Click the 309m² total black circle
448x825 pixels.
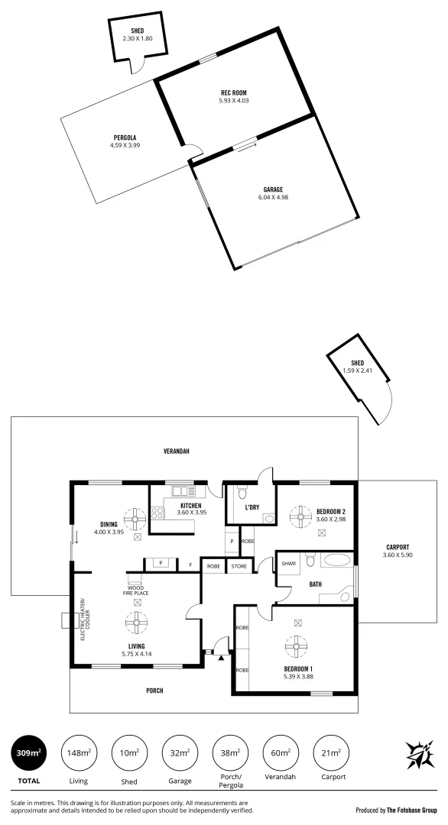pyautogui.click(x=28, y=753)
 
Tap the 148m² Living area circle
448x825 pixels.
pyautogui.click(x=78, y=753)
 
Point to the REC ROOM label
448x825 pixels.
pyautogui.click(x=234, y=93)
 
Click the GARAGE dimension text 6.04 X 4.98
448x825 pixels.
pyautogui.click(x=273, y=197)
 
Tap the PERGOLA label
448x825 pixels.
pyautogui.click(x=124, y=138)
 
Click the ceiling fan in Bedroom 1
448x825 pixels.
pyautogui.click(x=295, y=646)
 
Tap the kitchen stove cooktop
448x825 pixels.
pyautogui.click(x=158, y=513)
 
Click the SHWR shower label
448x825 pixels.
pyautogui.click(x=288, y=564)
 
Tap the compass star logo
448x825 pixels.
pyautogui.click(x=418, y=755)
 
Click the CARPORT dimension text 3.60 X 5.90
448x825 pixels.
pyautogui.click(x=397, y=555)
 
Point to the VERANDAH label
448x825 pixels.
pyautogui.click(x=177, y=451)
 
